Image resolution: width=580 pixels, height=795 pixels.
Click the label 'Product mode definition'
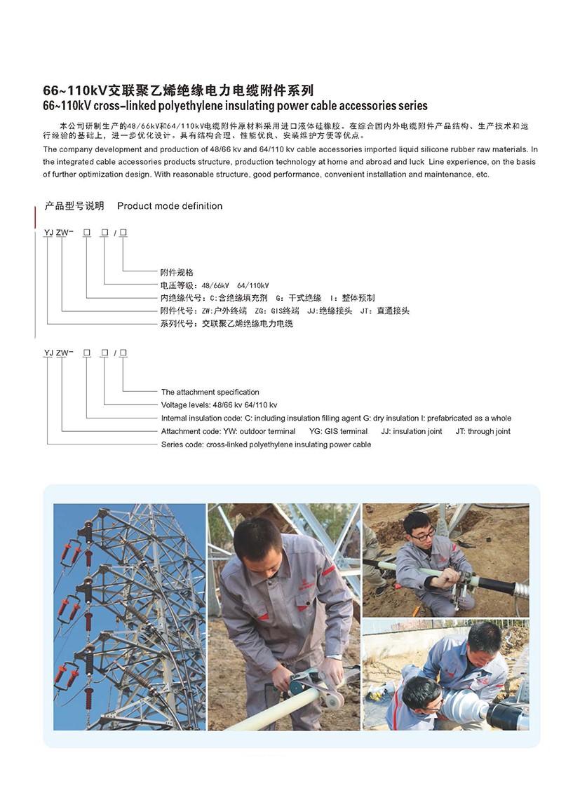[x=170, y=206]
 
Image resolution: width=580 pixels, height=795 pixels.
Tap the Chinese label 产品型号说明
[x=74, y=206]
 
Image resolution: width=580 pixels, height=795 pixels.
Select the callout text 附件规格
[x=177, y=273]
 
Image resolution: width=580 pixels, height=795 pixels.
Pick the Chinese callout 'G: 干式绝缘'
[x=299, y=298]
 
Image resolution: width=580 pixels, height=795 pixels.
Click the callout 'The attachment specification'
[x=210, y=393]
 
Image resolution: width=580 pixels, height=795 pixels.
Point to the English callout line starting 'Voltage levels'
[x=219, y=405]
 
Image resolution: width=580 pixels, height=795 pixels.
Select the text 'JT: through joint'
[x=483, y=432]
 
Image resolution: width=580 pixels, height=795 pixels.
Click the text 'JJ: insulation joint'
[x=412, y=432]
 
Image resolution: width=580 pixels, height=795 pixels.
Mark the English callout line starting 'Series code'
[x=266, y=445]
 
